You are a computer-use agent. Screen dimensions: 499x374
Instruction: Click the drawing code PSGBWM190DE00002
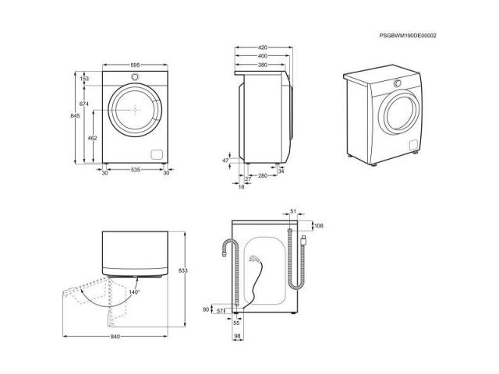click(x=408, y=36)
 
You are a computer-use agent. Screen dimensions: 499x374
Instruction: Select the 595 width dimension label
click(x=135, y=65)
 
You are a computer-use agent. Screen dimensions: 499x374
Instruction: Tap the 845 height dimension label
click(x=75, y=116)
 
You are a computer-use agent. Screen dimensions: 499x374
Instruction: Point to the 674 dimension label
click(x=84, y=104)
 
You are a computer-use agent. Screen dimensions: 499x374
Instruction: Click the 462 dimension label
click(x=92, y=138)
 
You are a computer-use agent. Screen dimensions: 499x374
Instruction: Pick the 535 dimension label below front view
click(x=135, y=170)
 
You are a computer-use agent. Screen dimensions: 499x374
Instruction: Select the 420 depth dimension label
click(x=263, y=48)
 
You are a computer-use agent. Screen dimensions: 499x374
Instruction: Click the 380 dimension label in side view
click(x=263, y=65)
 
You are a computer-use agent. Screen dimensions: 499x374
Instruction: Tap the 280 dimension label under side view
click(x=263, y=175)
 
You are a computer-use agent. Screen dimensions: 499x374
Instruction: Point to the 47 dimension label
click(x=225, y=161)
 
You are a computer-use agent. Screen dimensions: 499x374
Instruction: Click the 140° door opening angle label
click(x=134, y=291)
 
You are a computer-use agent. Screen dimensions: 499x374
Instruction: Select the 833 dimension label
click(x=183, y=270)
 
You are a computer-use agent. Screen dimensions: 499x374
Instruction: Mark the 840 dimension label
click(x=115, y=337)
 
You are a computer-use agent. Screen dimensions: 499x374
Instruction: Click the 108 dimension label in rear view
click(x=319, y=225)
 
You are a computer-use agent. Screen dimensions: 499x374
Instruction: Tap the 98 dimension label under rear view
click(x=237, y=336)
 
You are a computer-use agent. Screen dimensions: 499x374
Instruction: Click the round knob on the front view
click(x=135, y=76)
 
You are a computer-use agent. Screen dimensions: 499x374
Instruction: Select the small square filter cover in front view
click(x=157, y=154)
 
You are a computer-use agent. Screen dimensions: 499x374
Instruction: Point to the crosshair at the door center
click(x=136, y=110)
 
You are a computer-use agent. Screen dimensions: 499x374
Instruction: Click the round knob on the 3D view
click(x=398, y=83)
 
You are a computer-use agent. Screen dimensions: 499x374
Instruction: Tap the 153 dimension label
click(x=84, y=79)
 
